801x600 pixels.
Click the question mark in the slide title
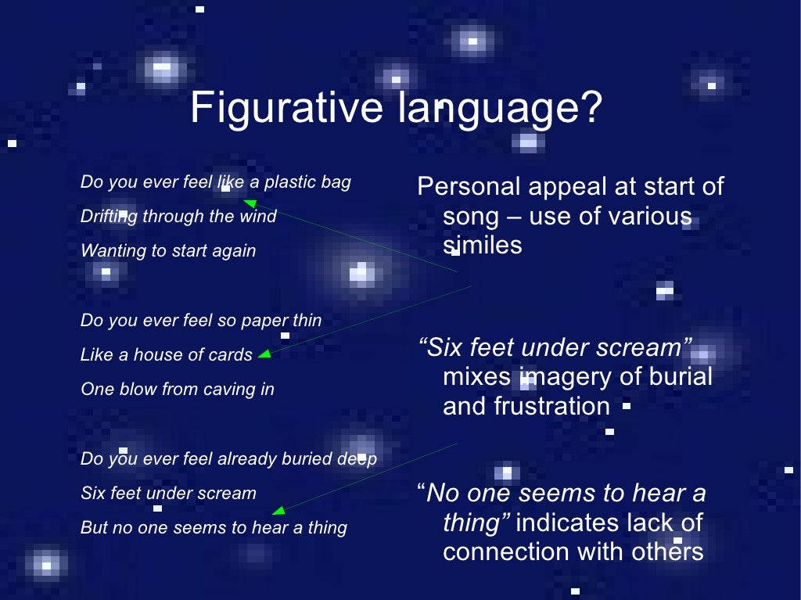pyautogui.click(x=591, y=108)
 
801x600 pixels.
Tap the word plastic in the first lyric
pyautogui.click(x=290, y=182)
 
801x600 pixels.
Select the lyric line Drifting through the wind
pyautogui.click(x=178, y=217)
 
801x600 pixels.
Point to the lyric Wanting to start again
pyautogui.click(x=168, y=251)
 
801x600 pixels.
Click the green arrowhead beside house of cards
pyautogui.click(x=264, y=354)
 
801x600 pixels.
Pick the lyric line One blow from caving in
pyautogui.click(x=178, y=389)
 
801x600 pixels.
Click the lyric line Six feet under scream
pyautogui.click(x=168, y=493)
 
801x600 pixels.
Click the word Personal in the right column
pyautogui.click(x=469, y=186)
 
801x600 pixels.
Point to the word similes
pyautogui.click(x=482, y=246)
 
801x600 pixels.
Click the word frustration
pyautogui.click(x=526, y=407)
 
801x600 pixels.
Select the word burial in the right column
pyautogui.click(x=681, y=377)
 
